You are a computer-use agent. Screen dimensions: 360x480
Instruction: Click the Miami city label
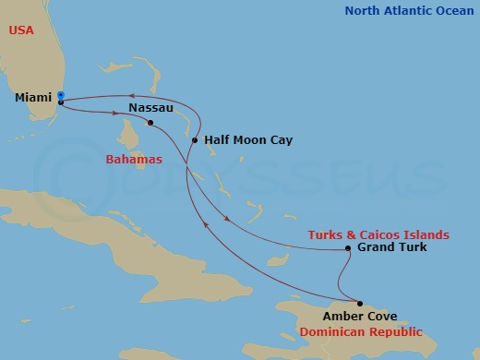coord(33,97)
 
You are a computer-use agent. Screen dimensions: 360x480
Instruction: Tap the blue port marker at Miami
coord(60,94)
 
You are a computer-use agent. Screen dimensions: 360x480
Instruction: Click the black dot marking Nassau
coord(150,122)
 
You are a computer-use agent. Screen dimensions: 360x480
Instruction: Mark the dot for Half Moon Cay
coord(194,140)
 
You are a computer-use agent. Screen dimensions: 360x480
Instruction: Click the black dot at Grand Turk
coord(347,248)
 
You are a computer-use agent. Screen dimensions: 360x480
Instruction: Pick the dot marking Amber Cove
coord(360,303)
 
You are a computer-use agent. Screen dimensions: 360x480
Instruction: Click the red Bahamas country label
coord(134,160)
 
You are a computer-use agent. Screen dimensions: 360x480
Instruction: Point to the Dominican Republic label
coord(363,331)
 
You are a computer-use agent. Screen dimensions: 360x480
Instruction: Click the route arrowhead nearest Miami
coord(131,94)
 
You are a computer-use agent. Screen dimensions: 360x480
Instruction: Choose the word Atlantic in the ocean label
coord(407,11)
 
